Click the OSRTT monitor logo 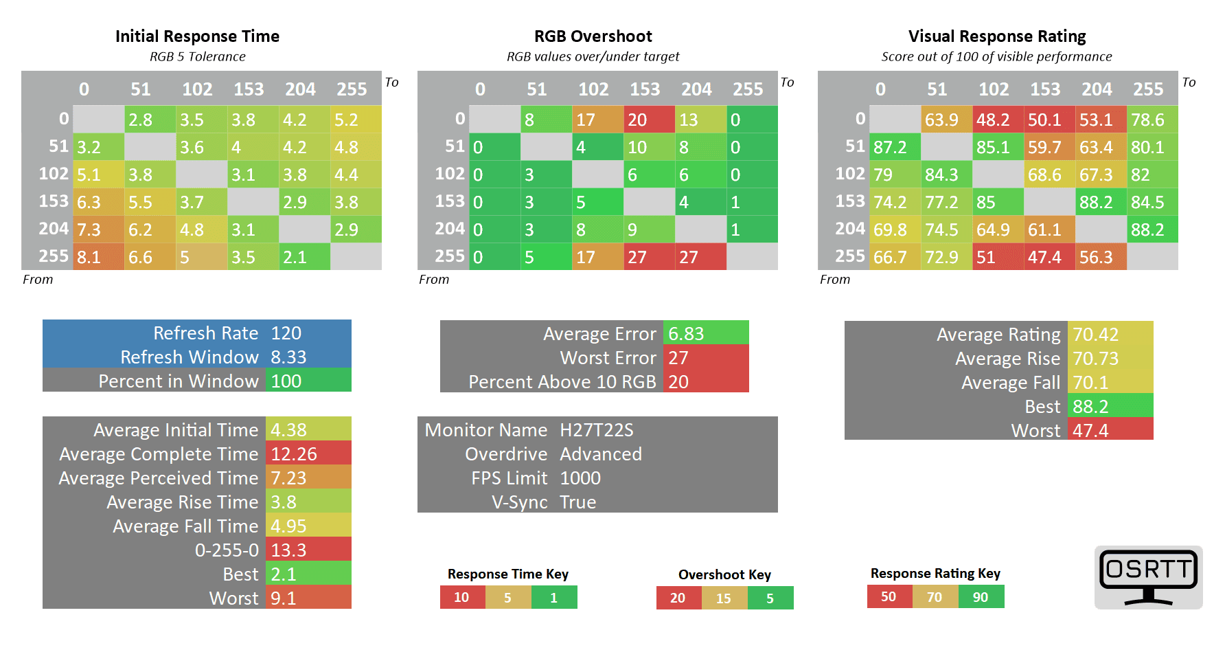coord(1148,577)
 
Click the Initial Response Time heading coord(197,36)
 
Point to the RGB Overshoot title coord(593,36)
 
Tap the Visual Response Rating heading coord(996,36)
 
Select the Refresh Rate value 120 coord(286,333)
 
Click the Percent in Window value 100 coord(286,381)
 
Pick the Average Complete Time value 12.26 coord(294,454)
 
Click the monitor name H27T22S coord(597,430)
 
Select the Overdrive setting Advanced coord(601,454)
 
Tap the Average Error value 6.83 coord(686,334)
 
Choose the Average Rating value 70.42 coord(1096,335)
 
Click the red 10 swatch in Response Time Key coord(462,598)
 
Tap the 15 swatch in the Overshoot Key coord(724,598)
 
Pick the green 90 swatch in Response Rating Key coord(981,597)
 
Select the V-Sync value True coord(578,502)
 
